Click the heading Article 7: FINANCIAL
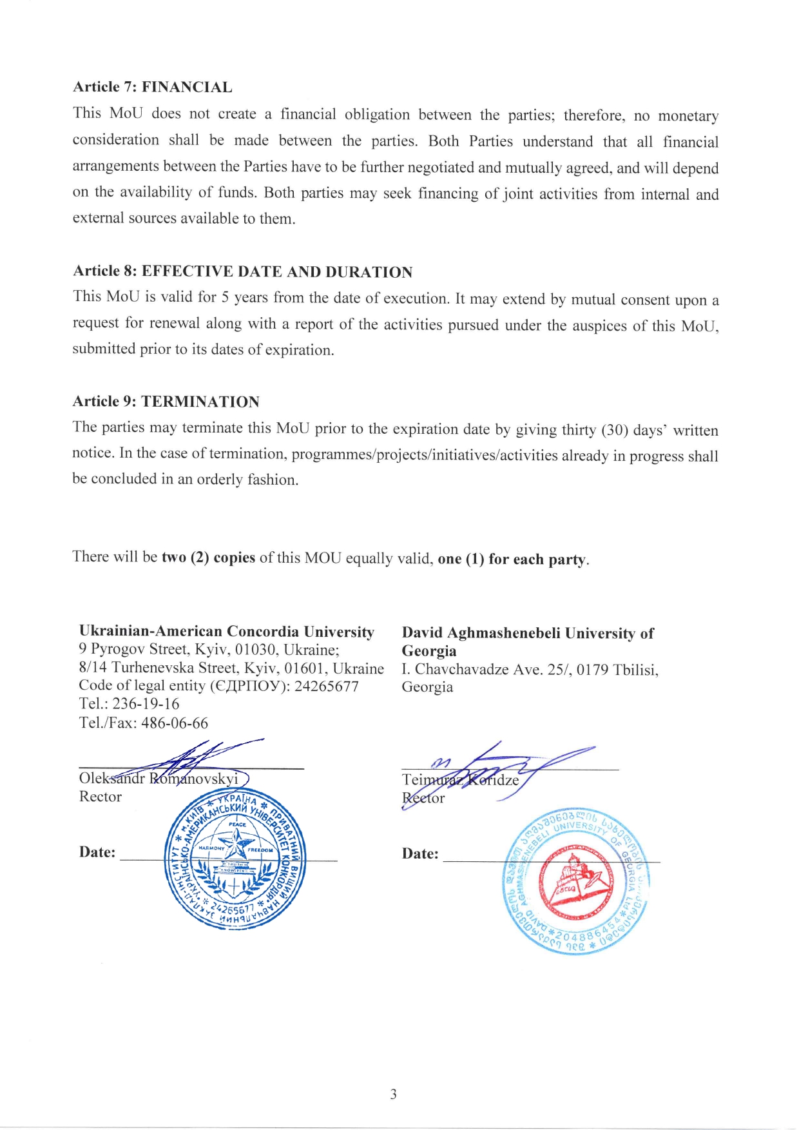click(152, 87)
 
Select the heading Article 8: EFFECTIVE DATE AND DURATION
click(242, 271)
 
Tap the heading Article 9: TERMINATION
click(166, 402)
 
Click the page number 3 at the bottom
click(393, 1094)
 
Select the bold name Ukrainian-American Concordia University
click(226, 631)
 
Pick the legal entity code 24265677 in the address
click(327, 686)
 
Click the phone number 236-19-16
click(146, 704)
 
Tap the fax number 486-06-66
click(175, 723)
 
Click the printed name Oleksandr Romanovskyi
click(159, 779)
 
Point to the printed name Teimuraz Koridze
click(460, 780)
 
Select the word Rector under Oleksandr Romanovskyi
click(100, 797)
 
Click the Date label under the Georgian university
click(419, 854)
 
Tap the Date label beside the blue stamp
click(97, 852)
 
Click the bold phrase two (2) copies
click(208, 558)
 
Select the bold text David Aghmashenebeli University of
click(527, 633)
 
